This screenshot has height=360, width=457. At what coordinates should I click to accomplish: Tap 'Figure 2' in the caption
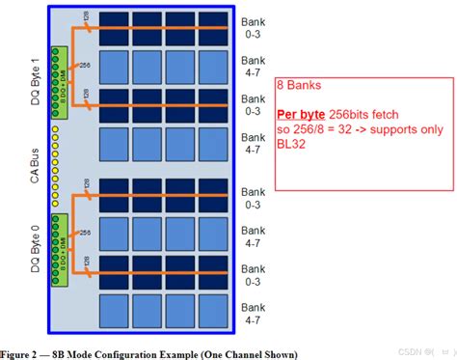point(30,352)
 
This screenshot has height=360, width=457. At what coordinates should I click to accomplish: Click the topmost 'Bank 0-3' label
point(252,26)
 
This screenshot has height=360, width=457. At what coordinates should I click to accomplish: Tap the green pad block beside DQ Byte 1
point(62,81)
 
